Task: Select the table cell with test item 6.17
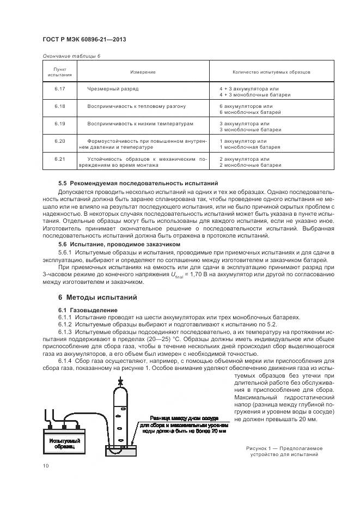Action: coord(60,88)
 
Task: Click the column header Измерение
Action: coord(143,72)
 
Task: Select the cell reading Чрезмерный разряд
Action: coord(113,88)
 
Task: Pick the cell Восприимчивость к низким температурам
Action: coord(140,124)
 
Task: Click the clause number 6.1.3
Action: coord(65,331)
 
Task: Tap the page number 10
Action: coord(46,465)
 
